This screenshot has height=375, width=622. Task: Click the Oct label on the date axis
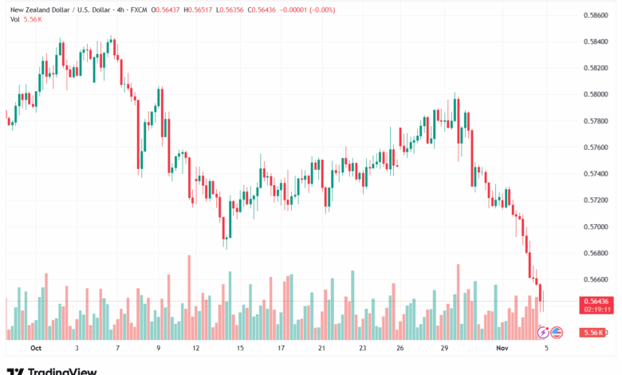pyautogui.click(x=35, y=349)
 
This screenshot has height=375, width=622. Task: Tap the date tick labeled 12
pyautogui.click(x=195, y=349)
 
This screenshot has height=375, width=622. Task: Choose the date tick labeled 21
pyautogui.click(x=321, y=349)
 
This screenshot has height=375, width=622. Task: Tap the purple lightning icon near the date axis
pyautogui.click(x=544, y=332)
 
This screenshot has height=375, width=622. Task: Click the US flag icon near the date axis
pyautogui.click(x=557, y=332)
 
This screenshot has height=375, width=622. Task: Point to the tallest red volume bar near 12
pyautogui.click(x=189, y=297)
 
